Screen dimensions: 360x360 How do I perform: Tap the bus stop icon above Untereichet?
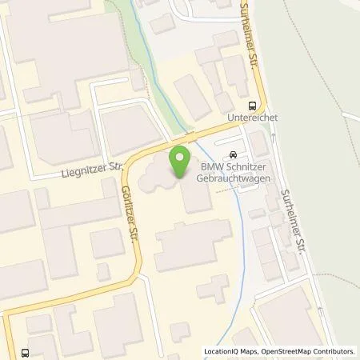click(x=253, y=104)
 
